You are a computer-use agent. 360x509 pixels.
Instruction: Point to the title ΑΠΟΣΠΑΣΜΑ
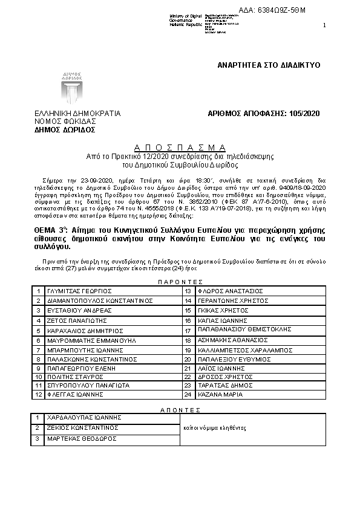(180, 148)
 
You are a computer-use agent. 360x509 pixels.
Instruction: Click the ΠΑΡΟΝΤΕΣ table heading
(180, 282)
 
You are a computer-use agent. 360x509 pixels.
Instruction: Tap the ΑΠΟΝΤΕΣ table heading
(180, 409)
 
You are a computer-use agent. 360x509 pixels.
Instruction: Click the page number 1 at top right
(324, 25)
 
